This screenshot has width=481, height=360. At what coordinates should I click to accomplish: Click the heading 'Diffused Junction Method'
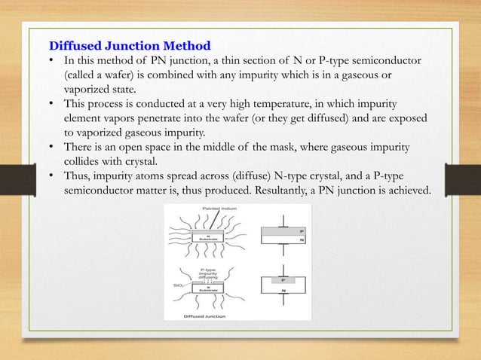click(130, 45)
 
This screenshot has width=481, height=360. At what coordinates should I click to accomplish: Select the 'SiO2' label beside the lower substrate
click(176, 287)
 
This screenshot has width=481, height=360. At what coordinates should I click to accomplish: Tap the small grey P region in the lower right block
click(282, 280)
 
